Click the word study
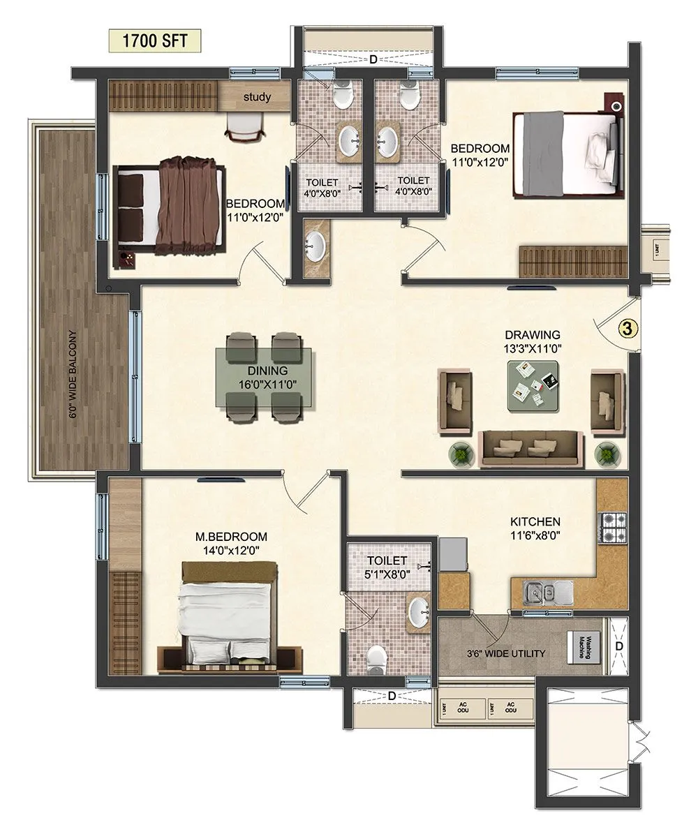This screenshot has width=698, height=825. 257,96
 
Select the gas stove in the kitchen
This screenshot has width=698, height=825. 612,528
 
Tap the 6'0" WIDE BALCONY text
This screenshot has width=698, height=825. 73,374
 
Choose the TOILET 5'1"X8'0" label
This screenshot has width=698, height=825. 387,567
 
